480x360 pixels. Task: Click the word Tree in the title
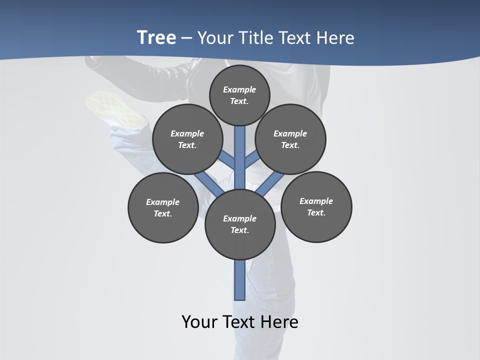tap(156, 37)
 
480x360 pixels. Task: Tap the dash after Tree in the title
tap(186, 38)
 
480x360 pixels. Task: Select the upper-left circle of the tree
tap(187, 139)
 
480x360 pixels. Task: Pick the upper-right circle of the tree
tap(290, 139)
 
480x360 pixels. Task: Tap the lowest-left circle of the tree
tap(163, 207)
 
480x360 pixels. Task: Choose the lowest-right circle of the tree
tap(316, 206)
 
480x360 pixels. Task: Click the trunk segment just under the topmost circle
tap(240, 140)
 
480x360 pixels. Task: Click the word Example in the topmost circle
tap(239, 89)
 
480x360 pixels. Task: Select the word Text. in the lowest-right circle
tap(316, 212)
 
